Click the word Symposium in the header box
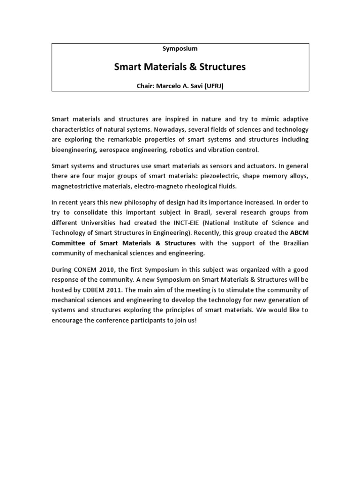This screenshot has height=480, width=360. pos(180,48)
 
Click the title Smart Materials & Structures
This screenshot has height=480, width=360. pos(180,67)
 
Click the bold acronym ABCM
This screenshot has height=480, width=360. pos(300,233)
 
